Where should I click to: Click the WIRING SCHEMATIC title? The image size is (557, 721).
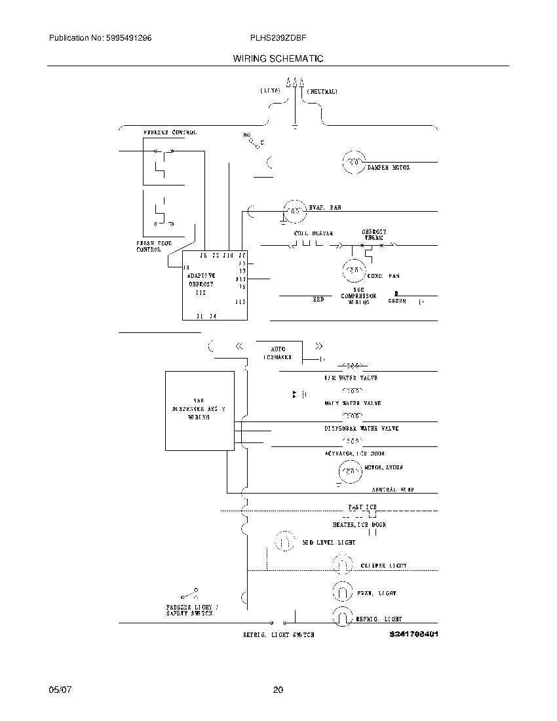[x=278, y=58]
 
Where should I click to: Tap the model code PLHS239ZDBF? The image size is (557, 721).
[x=275, y=39]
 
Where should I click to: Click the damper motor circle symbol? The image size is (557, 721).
[x=353, y=162]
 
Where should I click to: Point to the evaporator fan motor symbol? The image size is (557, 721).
[x=294, y=211]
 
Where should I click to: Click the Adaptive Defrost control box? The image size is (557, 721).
[x=214, y=284]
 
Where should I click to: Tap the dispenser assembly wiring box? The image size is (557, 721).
[x=199, y=411]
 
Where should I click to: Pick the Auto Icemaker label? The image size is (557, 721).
[x=278, y=353]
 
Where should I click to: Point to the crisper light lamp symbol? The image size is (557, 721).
[x=342, y=564]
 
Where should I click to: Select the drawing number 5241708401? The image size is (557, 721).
[x=413, y=634]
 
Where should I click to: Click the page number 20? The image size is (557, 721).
[x=278, y=690]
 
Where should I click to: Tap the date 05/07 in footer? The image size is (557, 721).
[x=59, y=690]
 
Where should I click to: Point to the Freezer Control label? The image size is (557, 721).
[x=170, y=132]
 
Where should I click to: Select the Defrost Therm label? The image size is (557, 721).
[x=374, y=235]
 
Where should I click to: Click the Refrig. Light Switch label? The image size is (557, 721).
[x=278, y=635]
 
